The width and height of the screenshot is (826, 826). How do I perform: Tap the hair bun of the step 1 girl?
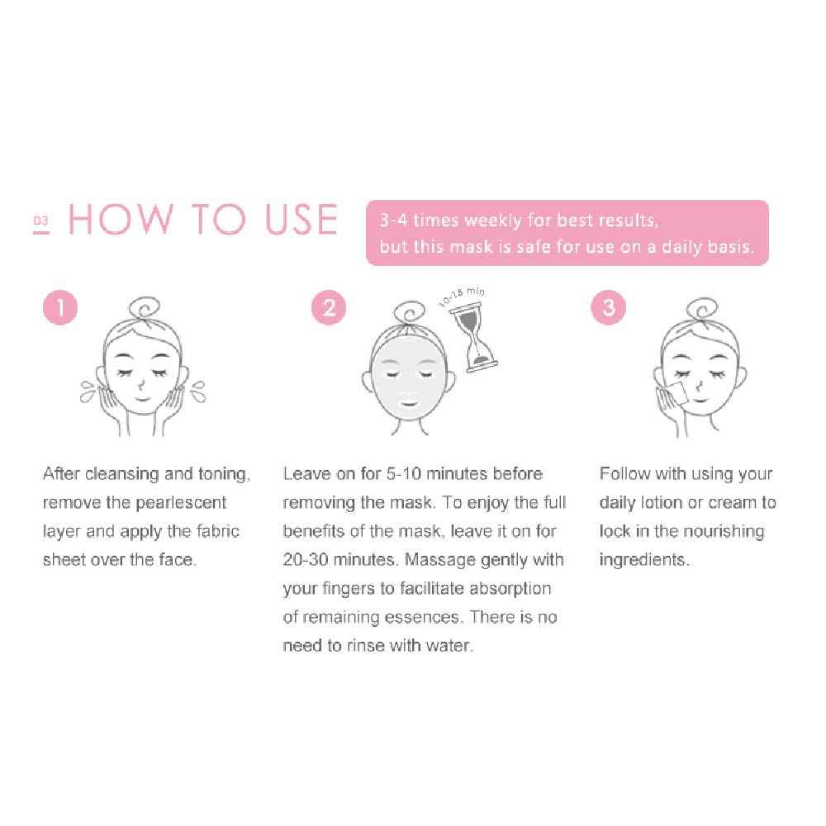click(x=150, y=311)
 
